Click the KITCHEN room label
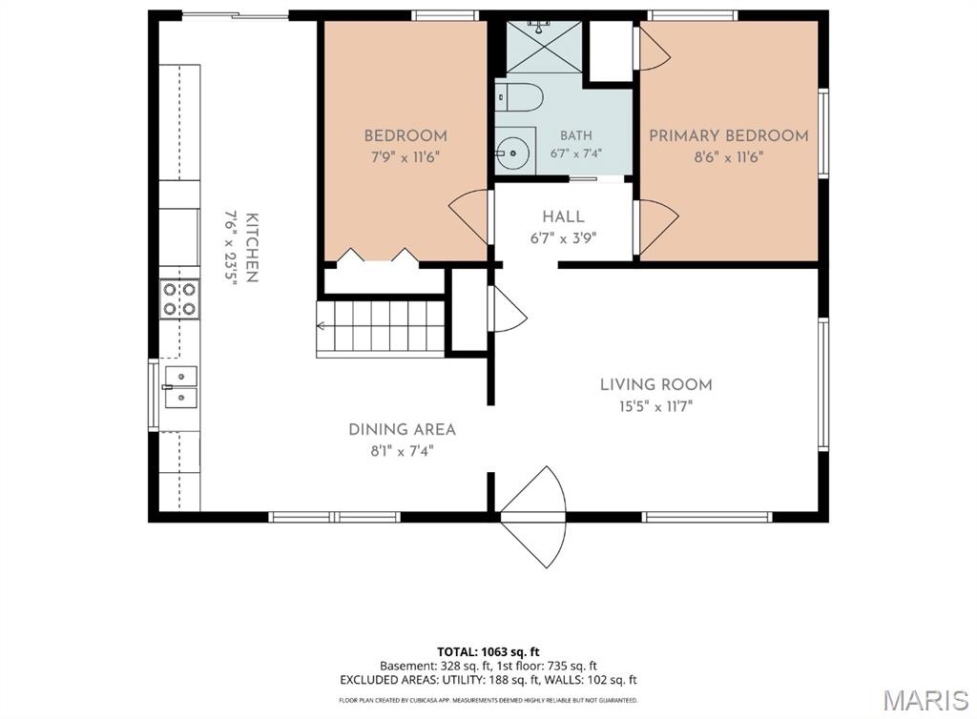252,248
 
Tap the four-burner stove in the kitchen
179,298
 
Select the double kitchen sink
180,387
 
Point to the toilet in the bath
520,97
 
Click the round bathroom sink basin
512,152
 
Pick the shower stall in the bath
544,48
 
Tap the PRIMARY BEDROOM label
728,135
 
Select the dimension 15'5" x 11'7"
655,406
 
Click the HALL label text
563,216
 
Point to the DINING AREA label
402,429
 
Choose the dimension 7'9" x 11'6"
405,156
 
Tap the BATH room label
575,135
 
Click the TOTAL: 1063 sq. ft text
488,651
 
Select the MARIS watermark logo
925,700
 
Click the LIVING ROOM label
656,384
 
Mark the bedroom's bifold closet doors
378,257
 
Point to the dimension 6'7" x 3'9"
563,237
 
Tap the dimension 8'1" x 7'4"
402,451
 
